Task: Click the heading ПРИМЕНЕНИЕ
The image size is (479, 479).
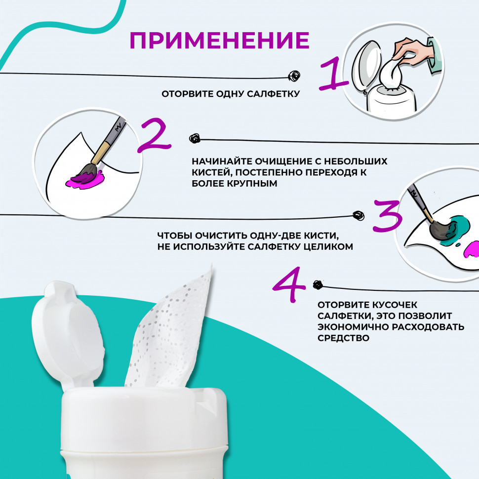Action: tap(220, 40)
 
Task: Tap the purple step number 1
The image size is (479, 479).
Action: tap(334, 74)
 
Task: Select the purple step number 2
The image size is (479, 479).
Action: tap(154, 135)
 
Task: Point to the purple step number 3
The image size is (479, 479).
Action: tap(387, 215)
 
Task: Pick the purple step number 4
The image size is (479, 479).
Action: tap(289, 284)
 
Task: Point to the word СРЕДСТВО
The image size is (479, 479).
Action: tap(343, 338)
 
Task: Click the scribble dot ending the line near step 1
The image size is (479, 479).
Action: tap(294, 76)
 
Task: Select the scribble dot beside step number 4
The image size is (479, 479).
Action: tap(318, 285)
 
